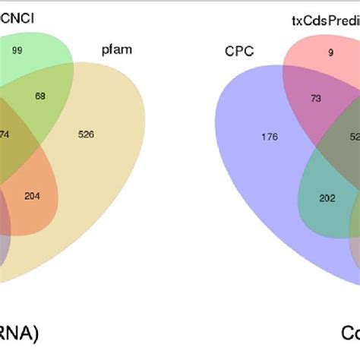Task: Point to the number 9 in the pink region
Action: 310,53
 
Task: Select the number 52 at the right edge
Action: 354,137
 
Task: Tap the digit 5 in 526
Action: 99,134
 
